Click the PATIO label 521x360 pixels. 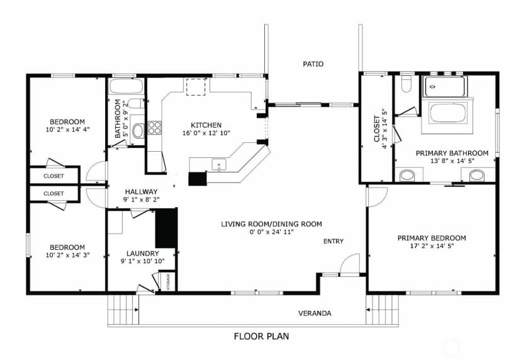click(313, 64)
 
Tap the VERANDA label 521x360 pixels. click(315, 313)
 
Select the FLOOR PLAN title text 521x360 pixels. click(262, 337)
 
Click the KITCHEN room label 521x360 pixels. click(206, 125)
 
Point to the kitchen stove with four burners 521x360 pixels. click(155, 128)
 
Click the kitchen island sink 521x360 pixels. click(219, 164)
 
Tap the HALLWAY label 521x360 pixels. click(141, 191)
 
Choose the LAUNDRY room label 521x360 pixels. click(143, 253)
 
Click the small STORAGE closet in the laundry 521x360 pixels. click(168, 281)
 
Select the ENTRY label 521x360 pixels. click(333, 241)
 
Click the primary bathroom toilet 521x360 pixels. click(406, 84)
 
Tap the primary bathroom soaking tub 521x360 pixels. click(448, 113)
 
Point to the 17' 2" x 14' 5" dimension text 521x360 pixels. click(432, 246)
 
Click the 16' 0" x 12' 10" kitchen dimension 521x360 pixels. click(206, 133)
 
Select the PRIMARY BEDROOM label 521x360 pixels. click(432, 238)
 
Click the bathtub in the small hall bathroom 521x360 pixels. click(126, 86)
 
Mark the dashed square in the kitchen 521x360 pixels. click(196, 87)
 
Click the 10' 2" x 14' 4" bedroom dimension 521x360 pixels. click(67, 129)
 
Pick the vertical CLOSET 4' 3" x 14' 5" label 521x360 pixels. click(380, 128)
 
